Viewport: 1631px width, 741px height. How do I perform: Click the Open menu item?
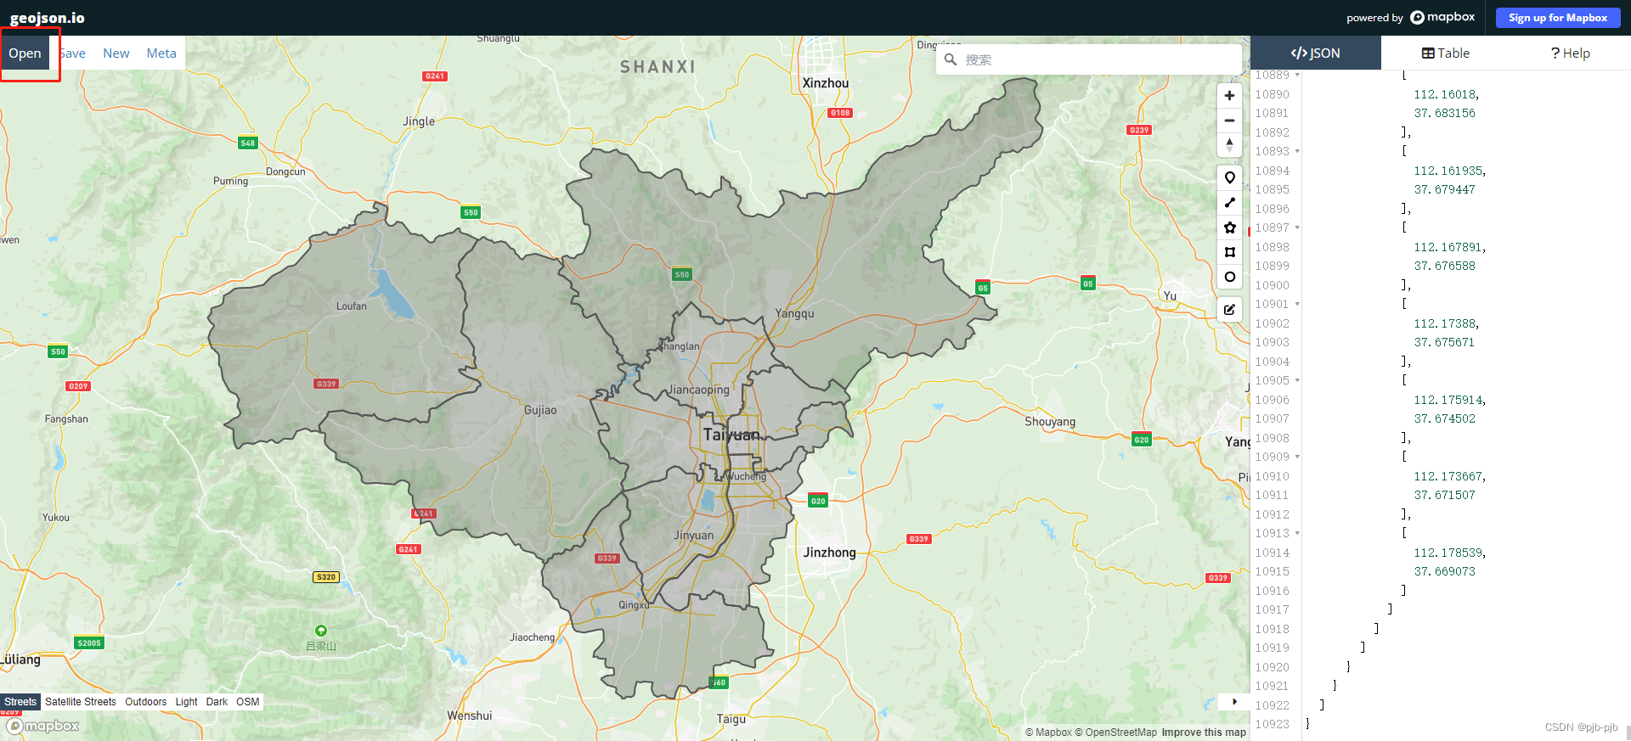(25, 53)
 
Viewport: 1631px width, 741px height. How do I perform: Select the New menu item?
(116, 53)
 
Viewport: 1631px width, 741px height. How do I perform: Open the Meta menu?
(161, 53)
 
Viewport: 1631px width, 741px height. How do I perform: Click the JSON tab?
(1315, 53)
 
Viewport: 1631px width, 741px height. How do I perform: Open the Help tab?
(1570, 53)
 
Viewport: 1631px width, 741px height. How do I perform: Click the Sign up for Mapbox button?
(1557, 18)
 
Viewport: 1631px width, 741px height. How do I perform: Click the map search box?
(1096, 60)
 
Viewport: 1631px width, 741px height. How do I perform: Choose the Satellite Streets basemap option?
(81, 702)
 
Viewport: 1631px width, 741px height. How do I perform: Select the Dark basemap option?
(217, 702)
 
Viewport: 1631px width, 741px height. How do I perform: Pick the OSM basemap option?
(247, 702)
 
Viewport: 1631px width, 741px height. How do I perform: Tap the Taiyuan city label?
(731, 435)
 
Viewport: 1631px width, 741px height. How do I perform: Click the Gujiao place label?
(540, 410)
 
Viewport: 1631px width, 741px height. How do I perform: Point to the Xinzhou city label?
(825, 83)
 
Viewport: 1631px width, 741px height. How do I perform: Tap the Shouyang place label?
(1049, 422)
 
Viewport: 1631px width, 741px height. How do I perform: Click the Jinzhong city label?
(829, 553)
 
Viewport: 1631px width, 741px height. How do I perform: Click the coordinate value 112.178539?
(1449, 553)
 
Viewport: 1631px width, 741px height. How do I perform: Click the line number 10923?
(1272, 724)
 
